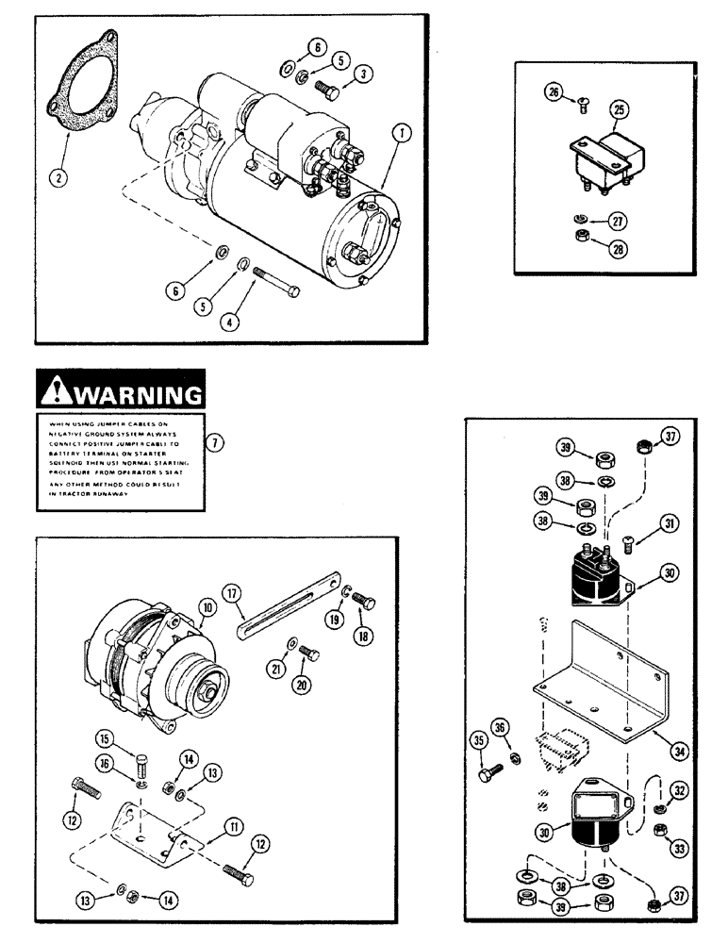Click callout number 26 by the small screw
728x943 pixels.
click(x=554, y=92)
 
